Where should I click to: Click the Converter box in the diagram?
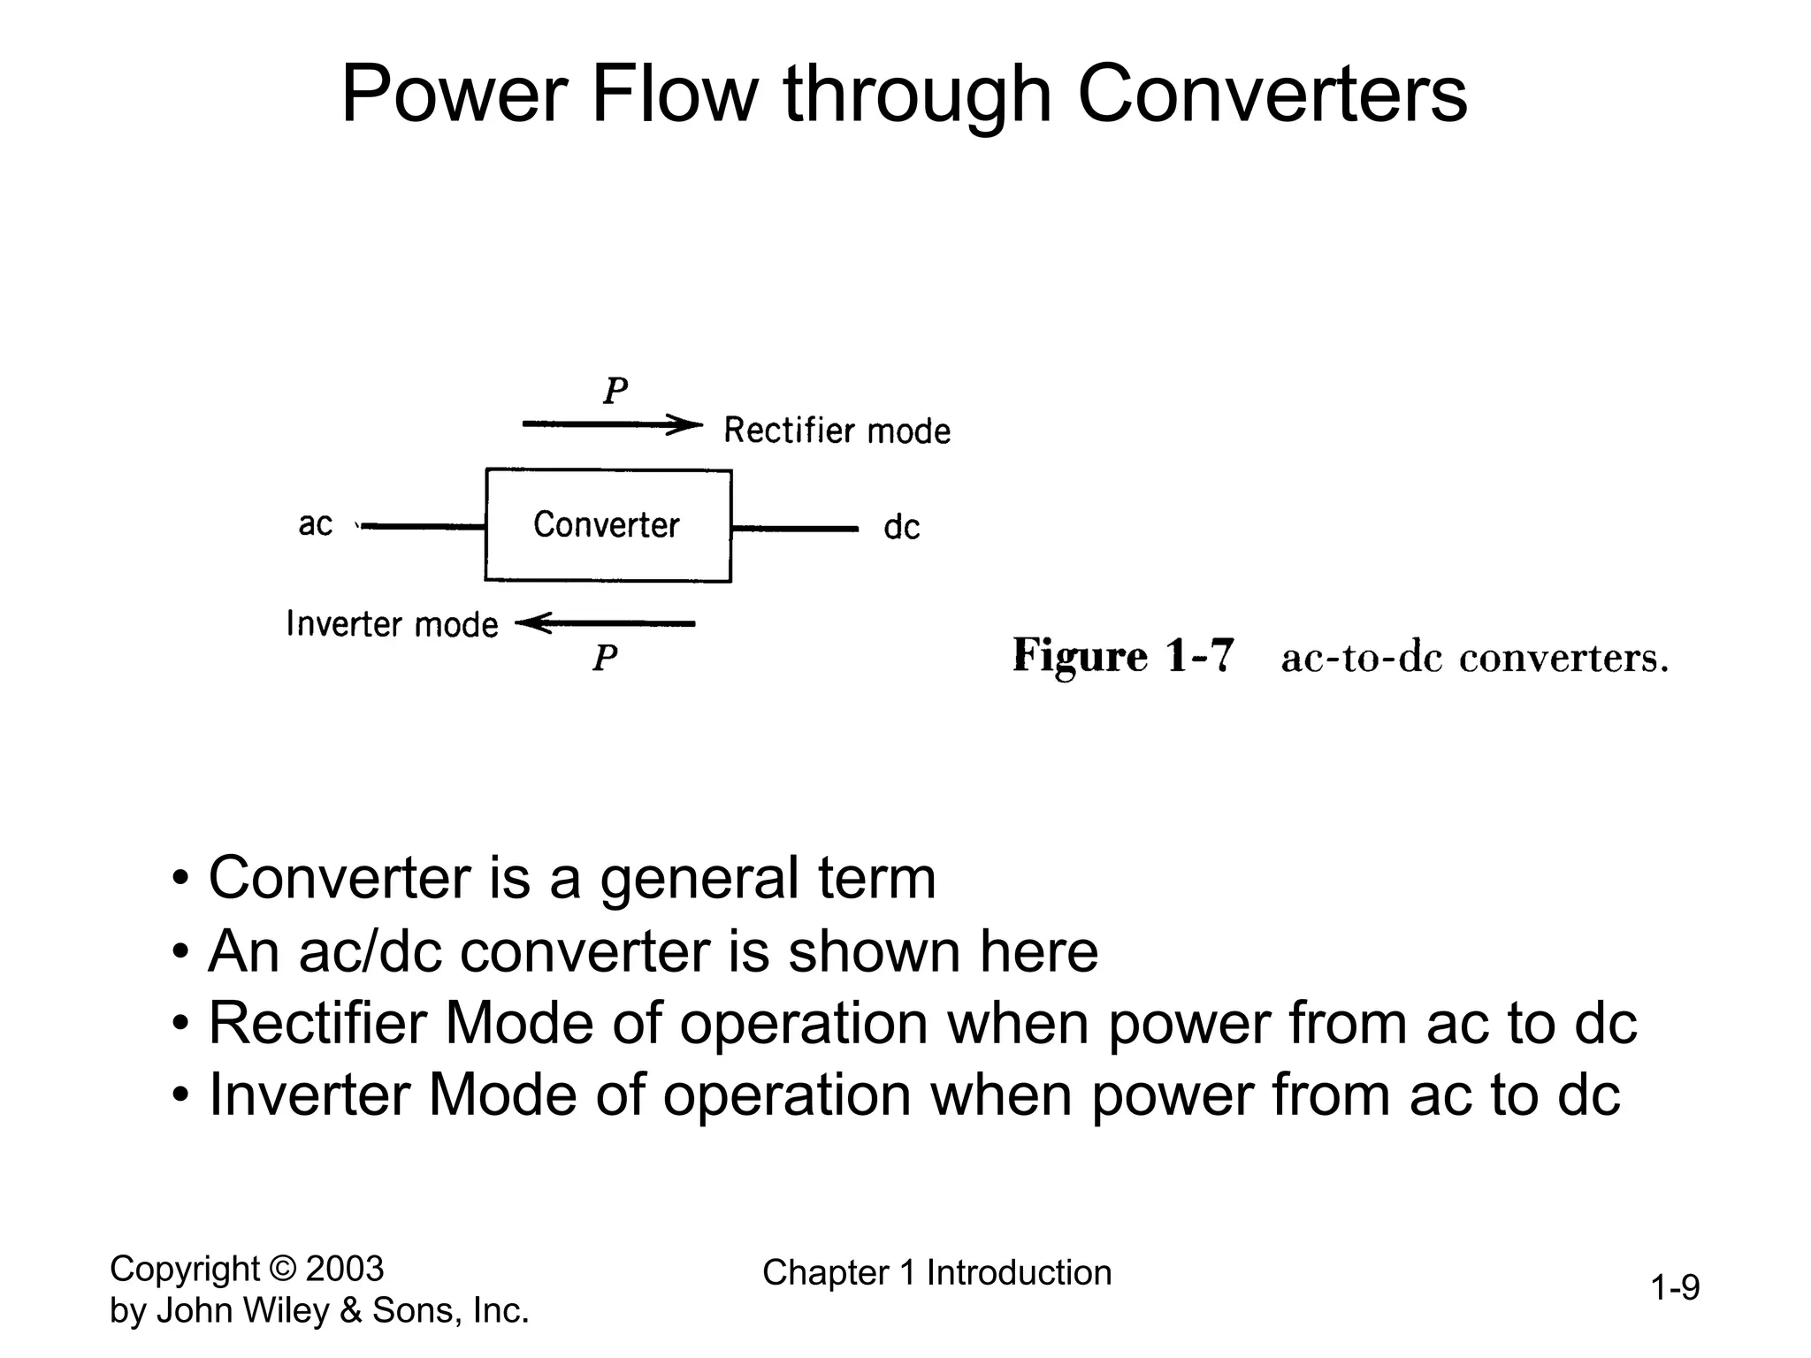click(607, 525)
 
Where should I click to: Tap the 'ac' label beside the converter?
click(315, 523)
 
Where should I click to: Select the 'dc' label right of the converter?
click(901, 528)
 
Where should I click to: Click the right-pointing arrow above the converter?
click(611, 425)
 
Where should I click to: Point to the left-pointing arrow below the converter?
click(606, 624)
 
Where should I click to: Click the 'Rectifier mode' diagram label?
click(837, 431)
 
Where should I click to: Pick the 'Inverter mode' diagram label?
click(392, 624)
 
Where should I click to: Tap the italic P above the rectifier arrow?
click(615, 391)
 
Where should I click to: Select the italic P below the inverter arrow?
click(605, 658)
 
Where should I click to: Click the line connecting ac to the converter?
click(423, 527)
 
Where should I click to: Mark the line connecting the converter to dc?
click(794, 529)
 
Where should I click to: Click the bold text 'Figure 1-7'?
click(1122, 657)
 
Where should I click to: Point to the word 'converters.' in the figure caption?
click(1563, 659)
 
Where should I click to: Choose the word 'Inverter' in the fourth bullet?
click(309, 1095)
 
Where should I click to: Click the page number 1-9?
click(1675, 1288)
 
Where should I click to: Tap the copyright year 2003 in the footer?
click(344, 1269)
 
